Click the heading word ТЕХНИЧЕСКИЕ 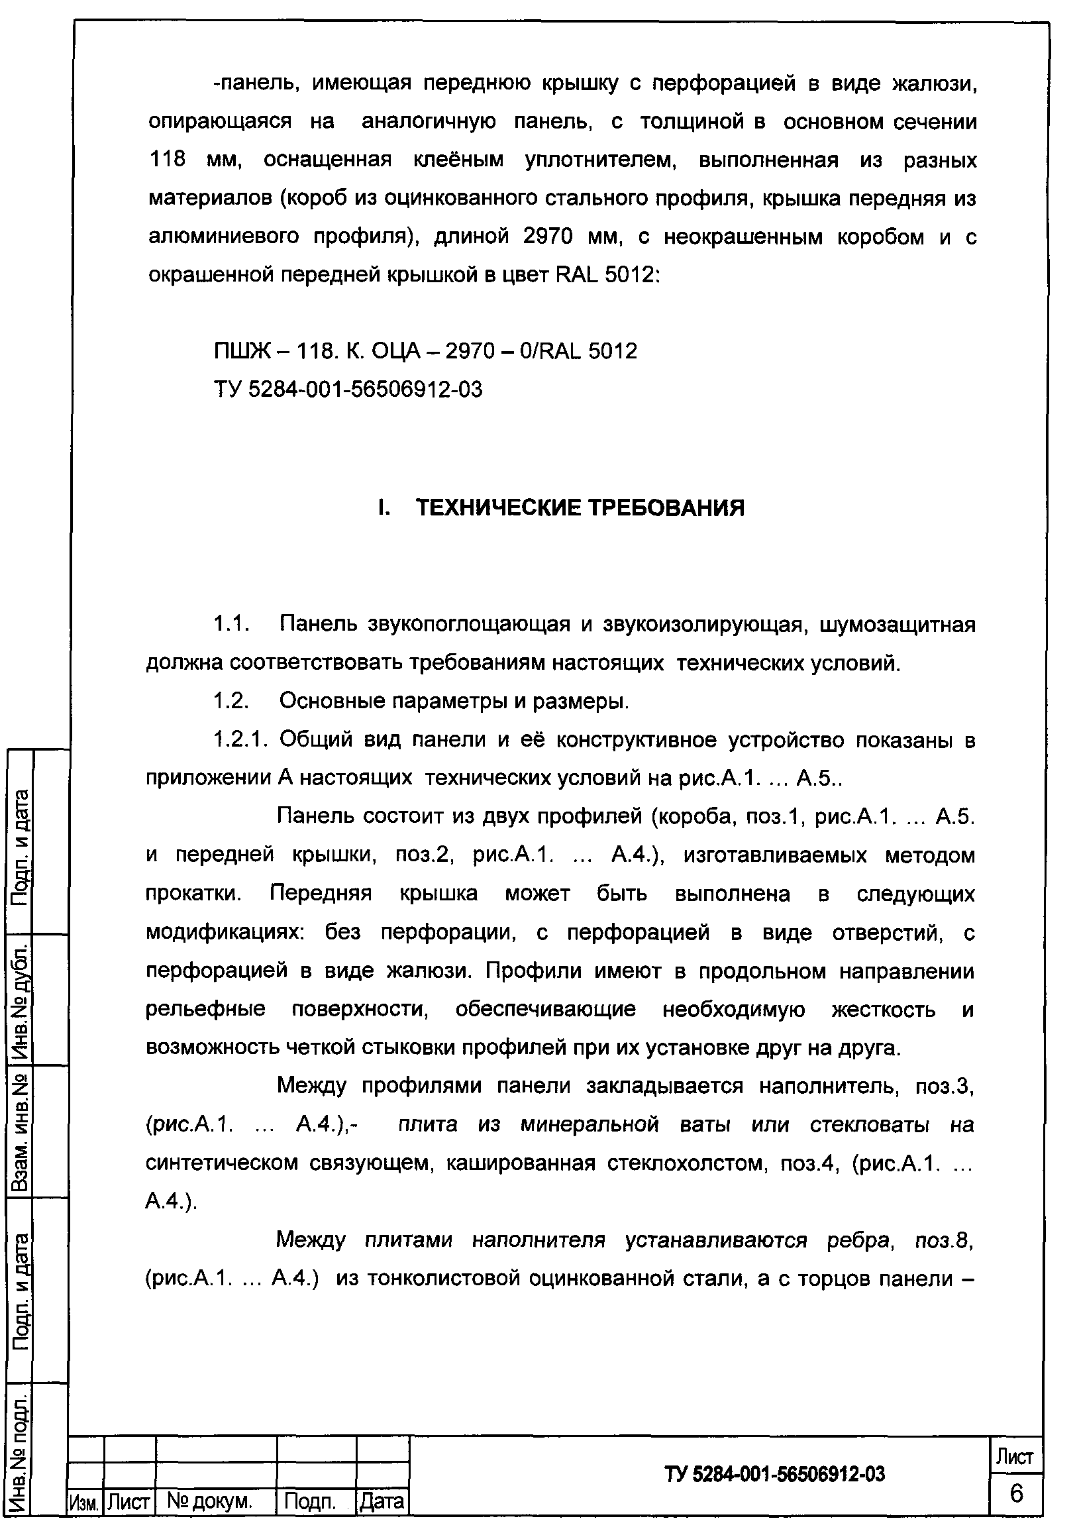pyautogui.click(x=499, y=508)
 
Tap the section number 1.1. pyautogui.click(x=231, y=625)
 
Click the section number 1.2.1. pyautogui.click(x=240, y=740)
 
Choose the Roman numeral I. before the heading pyautogui.click(x=383, y=508)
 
